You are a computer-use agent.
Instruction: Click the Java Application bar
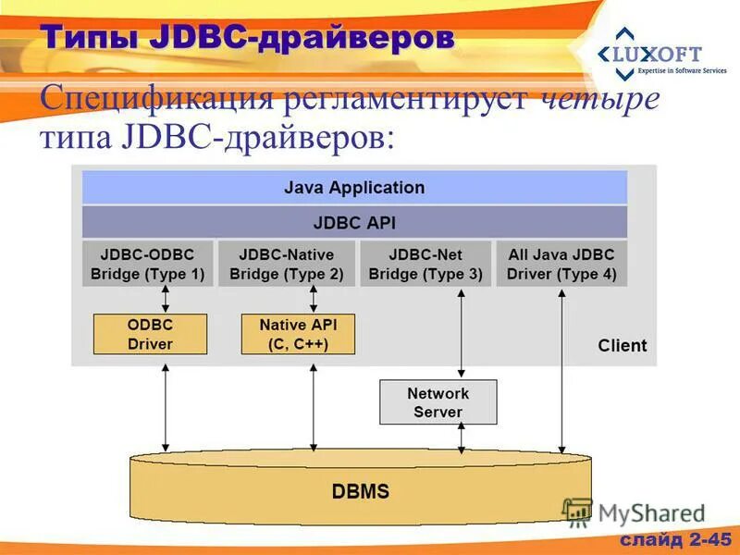click(354, 188)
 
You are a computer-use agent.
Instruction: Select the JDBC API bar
click(354, 223)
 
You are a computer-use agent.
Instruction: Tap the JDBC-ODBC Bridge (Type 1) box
click(147, 264)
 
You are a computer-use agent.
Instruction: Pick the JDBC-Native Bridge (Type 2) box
click(286, 264)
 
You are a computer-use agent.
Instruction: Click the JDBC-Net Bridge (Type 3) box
click(425, 264)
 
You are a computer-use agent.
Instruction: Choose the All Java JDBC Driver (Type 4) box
click(561, 264)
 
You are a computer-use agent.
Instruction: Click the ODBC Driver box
click(150, 334)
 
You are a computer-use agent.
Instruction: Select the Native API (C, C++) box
click(298, 334)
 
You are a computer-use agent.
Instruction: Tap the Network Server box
click(438, 402)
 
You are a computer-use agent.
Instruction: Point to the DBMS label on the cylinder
click(361, 491)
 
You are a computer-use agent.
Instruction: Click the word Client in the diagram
click(622, 346)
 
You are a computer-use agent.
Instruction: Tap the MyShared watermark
click(647, 513)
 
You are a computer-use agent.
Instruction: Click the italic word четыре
click(598, 100)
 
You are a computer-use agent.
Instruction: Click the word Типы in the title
click(90, 38)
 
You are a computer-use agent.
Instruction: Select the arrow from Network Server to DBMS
click(462, 439)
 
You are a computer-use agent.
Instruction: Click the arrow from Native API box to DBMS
click(314, 405)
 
